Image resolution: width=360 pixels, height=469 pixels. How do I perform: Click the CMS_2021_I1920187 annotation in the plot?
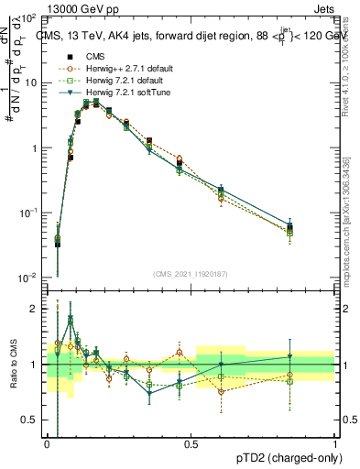tap(191, 272)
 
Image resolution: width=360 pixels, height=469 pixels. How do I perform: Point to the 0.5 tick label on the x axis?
tap(191, 442)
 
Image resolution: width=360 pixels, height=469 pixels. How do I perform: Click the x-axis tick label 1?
tap(336, 442)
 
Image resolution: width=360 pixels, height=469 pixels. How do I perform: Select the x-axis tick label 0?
tap(48, 442)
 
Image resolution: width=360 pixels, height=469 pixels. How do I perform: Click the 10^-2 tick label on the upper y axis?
tap(27, 278)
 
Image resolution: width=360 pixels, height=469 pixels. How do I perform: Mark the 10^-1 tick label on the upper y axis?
tap(27, 213)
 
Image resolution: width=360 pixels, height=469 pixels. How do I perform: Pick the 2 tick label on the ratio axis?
tap(35, 309)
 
